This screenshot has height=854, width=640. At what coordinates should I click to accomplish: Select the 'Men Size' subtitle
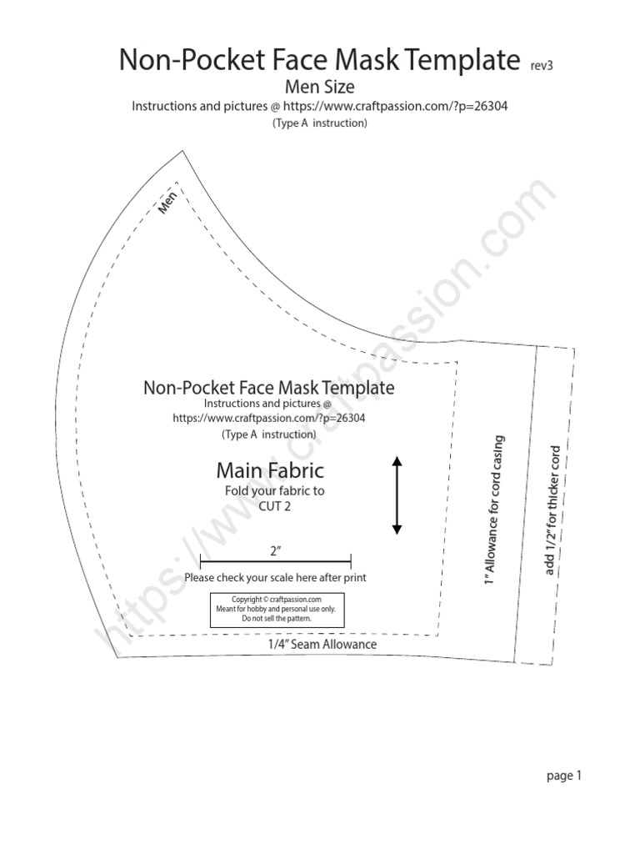(320, 87)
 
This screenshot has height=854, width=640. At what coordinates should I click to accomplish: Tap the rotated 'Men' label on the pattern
(169, 203)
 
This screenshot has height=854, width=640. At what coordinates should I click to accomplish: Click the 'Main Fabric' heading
(270, 471)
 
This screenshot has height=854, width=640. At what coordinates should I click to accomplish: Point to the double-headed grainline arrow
(397, 495)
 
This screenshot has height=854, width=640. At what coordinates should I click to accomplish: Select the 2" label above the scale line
(275, 551)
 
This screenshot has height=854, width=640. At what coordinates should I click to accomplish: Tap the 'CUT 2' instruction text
(274, 505)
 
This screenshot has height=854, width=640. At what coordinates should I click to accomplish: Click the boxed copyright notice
(276, 609)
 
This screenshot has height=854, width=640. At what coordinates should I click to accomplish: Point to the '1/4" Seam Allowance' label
(322, 644)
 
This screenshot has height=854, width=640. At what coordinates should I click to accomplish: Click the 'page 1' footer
(563, 776)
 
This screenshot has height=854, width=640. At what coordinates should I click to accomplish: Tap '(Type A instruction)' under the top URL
(320, 123)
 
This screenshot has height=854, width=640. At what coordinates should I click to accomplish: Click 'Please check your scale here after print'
(275, 577)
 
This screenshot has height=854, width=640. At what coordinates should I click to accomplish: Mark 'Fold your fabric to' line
(275, 491)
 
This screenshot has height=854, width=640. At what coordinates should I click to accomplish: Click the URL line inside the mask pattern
(269, 419)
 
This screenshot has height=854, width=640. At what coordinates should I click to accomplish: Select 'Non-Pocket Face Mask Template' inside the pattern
(269, 388)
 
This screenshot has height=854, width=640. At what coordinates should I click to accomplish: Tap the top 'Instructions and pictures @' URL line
(320, 107)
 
